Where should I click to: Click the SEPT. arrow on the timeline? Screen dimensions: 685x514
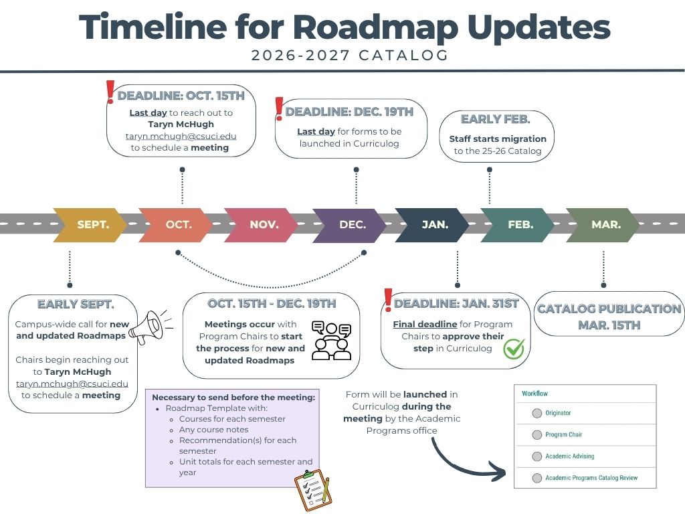pyautogui.click(x=90, y=225)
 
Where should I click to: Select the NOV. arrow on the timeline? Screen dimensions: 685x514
pyautogui.click(x=262, y=225)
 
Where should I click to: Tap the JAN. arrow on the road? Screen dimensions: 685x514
pyautogui.click(x=433, y=225)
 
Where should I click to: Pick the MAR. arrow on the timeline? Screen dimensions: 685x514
pyautogui.click(x=603, y=225)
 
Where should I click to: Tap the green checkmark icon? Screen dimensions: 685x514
pyautogui.click(x=514, y=349)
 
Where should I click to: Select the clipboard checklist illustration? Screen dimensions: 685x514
pyautogui.click(x=313, y=489)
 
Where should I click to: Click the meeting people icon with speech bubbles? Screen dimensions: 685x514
pyautogui.click(x=332, y=341)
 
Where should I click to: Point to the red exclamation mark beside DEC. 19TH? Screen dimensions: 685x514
pyautogui.click(x=279, y=109)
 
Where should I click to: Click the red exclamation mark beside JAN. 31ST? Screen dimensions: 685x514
pyautogui.click(x=388, y=301)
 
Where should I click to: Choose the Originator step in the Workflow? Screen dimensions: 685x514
pyautogui.click(x=558, y=413)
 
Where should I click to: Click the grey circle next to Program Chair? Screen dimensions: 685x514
pyautogui.click(x=537, y=435)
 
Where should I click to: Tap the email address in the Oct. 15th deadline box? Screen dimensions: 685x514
pyautogui.click(x=181, y=137)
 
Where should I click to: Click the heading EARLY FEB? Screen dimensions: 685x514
pyautogui.click(x=496, y=119)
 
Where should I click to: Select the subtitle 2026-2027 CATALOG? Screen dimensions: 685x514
pyautogui.click(x=350, y=56)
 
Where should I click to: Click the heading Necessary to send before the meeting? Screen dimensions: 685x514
pyautogui.click(x=233, y=398)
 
